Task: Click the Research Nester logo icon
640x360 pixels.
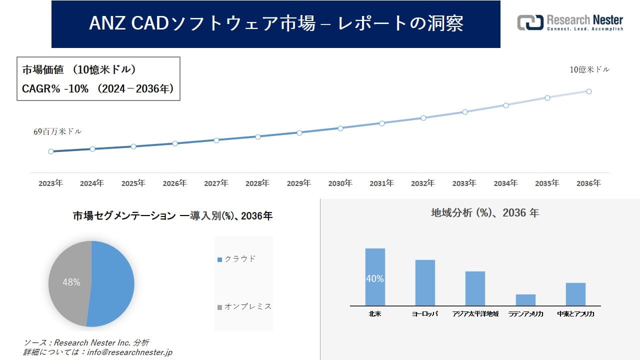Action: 530,22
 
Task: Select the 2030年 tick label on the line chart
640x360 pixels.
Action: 340,183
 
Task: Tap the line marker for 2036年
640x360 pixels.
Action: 589,91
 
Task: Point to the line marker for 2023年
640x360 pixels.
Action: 51,151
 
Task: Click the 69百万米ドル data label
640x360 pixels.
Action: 57,131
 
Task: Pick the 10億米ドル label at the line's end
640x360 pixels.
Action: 589,69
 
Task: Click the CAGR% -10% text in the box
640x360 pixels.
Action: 55,88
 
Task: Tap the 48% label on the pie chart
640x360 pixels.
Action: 71,282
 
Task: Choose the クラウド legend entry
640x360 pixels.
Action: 237,259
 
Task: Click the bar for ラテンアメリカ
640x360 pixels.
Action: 525,299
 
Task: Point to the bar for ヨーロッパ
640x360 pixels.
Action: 425,282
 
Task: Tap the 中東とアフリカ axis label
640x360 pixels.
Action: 575,314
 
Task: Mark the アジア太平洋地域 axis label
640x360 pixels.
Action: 475,314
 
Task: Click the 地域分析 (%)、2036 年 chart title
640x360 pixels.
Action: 484,213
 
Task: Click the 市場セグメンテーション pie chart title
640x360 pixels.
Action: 172,216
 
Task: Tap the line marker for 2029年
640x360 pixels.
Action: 299,132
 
